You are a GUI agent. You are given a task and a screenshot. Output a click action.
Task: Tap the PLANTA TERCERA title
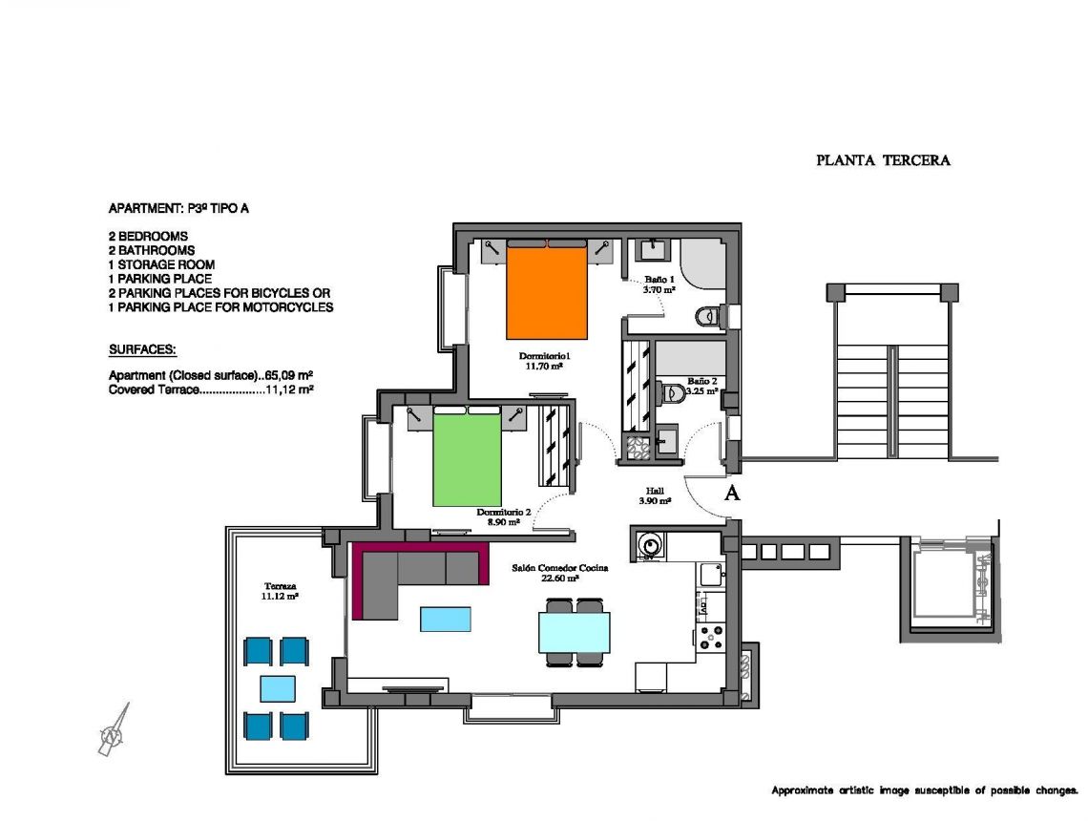tap(883, 160)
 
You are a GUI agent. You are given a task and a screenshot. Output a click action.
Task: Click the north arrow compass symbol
tap(113, 733)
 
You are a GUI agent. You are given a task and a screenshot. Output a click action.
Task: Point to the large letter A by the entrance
tap(732, 493)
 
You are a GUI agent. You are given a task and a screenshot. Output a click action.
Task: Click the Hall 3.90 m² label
tap(655, 495)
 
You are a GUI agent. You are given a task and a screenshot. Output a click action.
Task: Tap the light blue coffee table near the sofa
tap(446, 619)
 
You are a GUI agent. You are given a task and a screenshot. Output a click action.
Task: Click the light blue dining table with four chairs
tap(574, 631)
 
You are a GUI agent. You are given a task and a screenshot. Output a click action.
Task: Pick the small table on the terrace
tap(277, 688)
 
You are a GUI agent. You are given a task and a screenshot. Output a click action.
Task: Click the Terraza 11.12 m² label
tap(280, 590)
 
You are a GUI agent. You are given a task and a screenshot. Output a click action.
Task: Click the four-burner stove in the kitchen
tap(711, 637)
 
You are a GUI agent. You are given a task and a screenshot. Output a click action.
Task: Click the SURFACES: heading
tap(142, 350)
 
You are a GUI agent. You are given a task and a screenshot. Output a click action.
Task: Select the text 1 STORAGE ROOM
tap(161, 264)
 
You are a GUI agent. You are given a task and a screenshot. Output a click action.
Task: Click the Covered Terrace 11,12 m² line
tap(212, 389)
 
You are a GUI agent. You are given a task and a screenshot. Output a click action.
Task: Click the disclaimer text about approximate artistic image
tap(924, 790)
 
